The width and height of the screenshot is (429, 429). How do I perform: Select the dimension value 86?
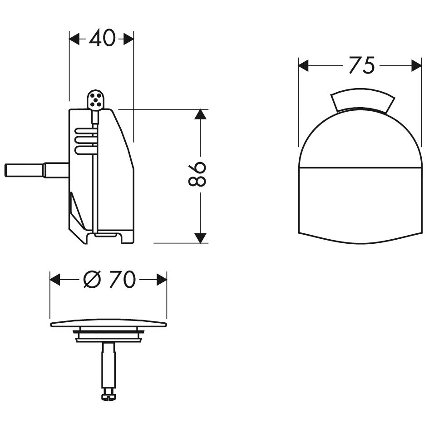[197, 174]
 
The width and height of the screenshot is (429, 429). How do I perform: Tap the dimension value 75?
[362, 65]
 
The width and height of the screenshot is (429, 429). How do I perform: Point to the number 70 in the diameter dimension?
[122, 279]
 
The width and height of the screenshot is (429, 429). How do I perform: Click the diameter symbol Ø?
[92, 279]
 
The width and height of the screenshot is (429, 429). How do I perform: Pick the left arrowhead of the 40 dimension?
[74, 39]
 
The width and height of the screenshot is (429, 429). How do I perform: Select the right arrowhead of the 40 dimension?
[128, 39]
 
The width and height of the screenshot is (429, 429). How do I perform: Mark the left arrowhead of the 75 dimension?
[303, 66]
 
